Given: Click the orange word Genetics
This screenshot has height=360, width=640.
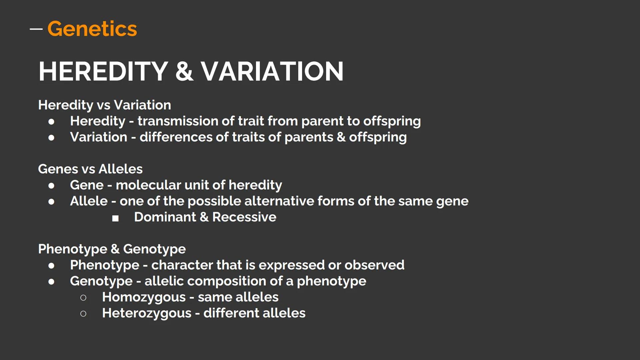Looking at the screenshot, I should pos(92,29).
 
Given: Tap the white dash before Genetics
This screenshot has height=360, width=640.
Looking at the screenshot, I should pos(36,29).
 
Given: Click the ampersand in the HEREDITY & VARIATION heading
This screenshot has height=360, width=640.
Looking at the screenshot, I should pos(184,71).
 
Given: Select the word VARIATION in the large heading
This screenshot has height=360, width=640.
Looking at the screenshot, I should pos(272,71).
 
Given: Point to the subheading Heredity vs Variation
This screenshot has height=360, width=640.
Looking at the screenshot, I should pos(104,105).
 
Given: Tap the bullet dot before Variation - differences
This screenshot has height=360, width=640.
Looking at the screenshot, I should pos(51,137).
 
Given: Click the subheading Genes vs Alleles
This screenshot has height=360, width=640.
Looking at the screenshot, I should pos(90,169).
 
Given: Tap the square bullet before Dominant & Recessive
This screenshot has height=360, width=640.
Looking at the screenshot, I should pos(115,218).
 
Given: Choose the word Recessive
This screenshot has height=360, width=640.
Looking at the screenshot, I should pos(244,217).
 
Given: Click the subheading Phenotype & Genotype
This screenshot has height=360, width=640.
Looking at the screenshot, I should pos(112,249).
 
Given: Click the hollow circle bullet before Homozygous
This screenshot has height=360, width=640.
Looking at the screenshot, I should pos(83,297).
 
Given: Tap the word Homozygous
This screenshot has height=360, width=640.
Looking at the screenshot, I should pos(144,297).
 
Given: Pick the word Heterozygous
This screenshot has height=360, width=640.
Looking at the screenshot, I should pos(147,313).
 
